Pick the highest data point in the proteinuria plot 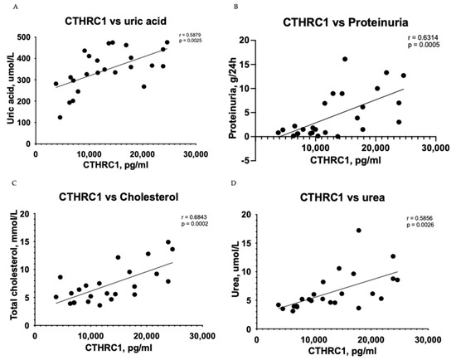pyautogui.click(x=345, y=59)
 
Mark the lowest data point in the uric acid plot pyautogui.click(x=60, y=118)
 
